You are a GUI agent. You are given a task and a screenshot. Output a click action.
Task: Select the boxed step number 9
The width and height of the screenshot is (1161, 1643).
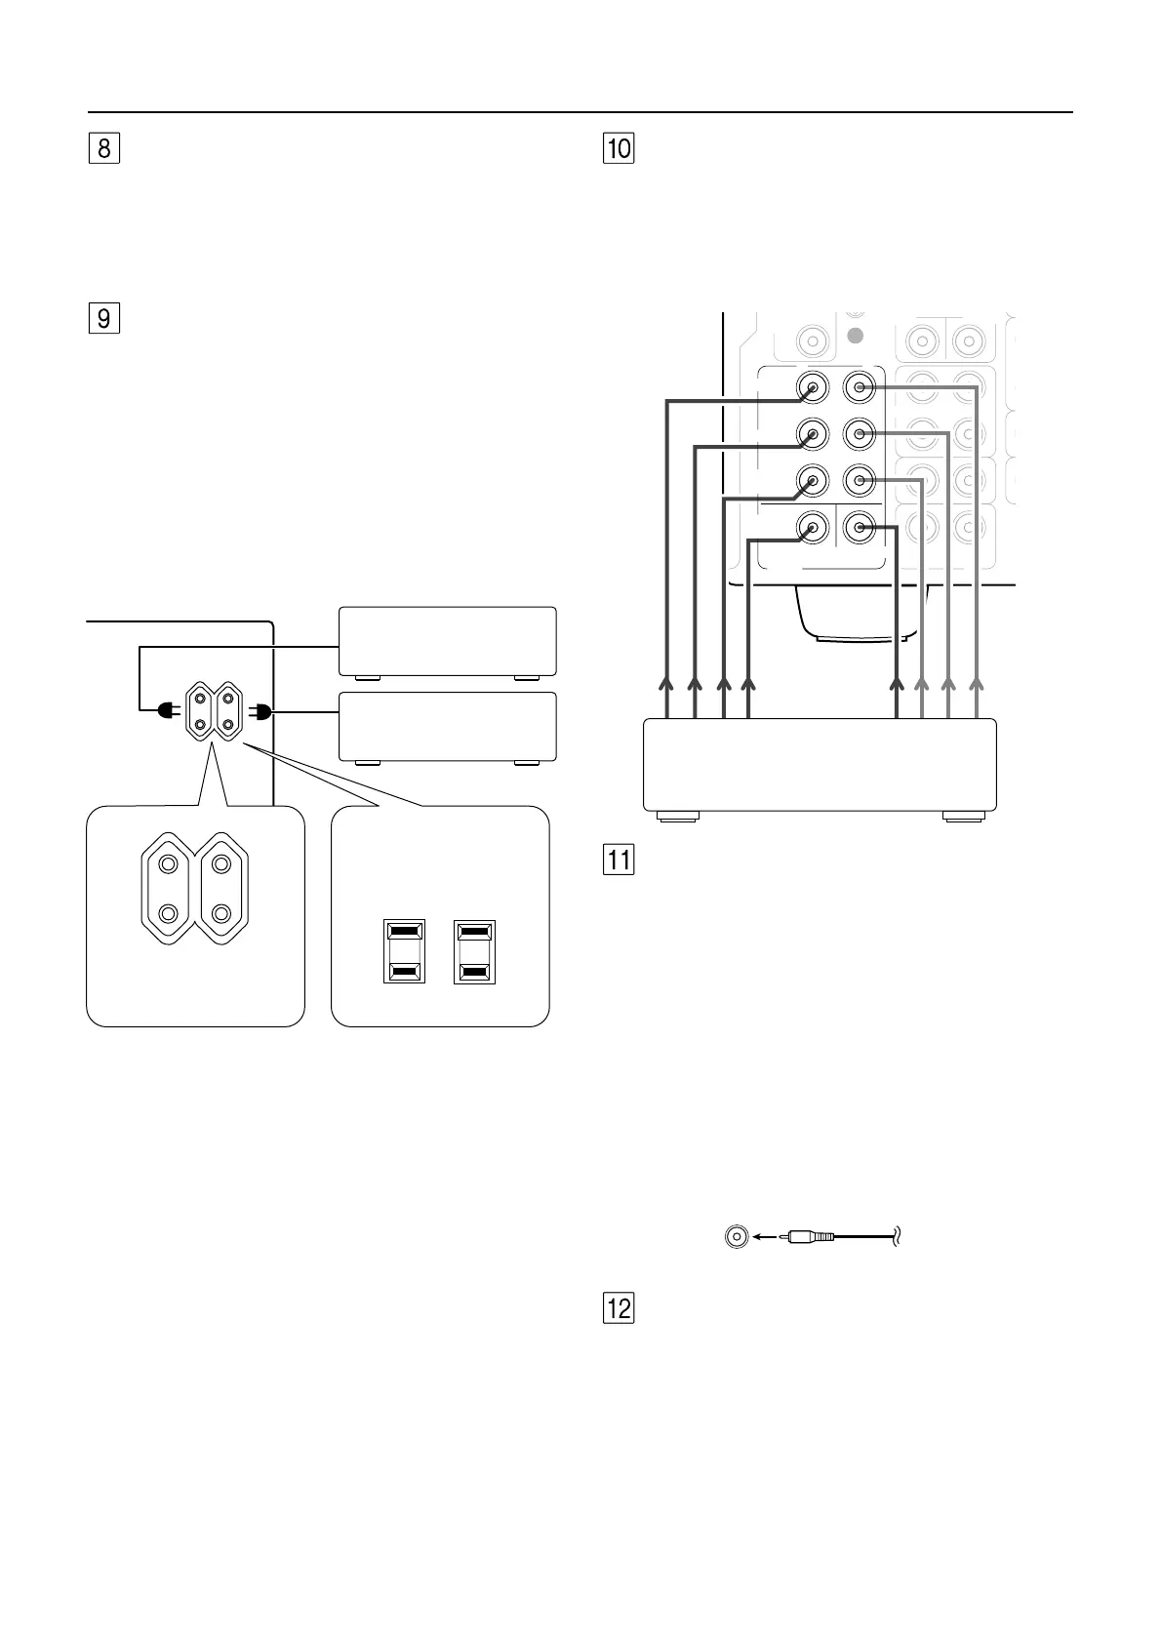click(x=103, y=319)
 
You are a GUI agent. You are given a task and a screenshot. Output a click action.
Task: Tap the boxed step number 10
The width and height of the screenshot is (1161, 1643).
click(x=620, y=149)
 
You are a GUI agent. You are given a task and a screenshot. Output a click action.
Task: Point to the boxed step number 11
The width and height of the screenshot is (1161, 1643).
click(x=620, y=861)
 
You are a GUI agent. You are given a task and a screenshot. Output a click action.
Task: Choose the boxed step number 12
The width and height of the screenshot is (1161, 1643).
click(x=620, y=1308)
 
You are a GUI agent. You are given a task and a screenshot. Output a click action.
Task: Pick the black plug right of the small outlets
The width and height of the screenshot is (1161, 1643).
click(x=261, y=712)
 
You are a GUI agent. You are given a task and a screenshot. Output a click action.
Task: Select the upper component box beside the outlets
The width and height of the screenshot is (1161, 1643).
click(x=447, y=641)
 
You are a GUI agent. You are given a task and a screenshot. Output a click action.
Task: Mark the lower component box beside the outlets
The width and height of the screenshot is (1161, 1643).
click(x=447, y=726)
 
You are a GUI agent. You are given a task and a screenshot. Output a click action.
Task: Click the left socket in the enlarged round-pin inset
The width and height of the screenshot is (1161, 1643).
click(x=169, y=889)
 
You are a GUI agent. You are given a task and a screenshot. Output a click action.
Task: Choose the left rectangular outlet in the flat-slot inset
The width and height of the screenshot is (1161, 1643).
click(x=404, y=951)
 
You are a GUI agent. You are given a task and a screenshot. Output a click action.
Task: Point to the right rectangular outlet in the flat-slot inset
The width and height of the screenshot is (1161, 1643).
click(x=475, y=951)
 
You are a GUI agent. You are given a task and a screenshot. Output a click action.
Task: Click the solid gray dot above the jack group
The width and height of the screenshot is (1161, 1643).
click(x=856, y=337)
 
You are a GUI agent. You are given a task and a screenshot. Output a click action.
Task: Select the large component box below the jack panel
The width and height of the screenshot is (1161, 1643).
click(x=820, y=765)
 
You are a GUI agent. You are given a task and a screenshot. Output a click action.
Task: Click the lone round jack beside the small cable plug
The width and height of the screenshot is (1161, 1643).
click(x=736, y=1236)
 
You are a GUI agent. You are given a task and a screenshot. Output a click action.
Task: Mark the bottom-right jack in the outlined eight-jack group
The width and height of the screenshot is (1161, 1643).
click(x=859, y=528)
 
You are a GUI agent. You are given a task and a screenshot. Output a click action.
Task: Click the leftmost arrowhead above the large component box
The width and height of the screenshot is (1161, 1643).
click(x=667, y=683)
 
